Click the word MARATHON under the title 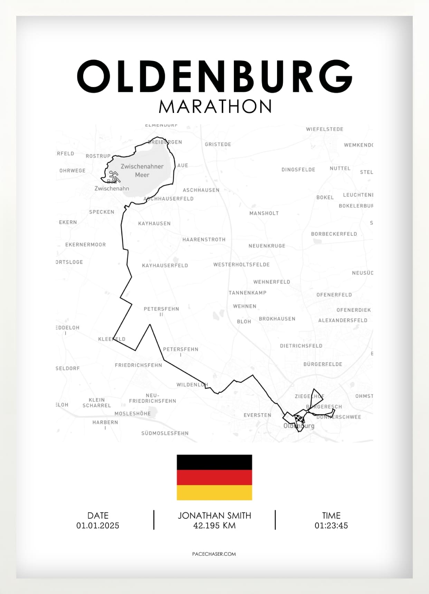click(215, 107)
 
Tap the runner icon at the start click(114, 176)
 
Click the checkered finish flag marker click(300, 419)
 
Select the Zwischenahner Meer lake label click(142, 171)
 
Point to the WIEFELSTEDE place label click(324, 129)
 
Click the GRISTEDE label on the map click(218, 144)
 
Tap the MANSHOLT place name click(264, 213)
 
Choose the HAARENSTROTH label click(204, 239)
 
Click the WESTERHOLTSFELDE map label click(241, 265)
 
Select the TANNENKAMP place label click(248, 293)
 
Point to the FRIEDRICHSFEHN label click(139, 365)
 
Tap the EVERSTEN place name click(257, 415)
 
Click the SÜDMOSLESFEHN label click(165, 433)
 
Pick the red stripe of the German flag click(214, 477)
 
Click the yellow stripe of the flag click(214, 492)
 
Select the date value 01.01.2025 click(98, 526)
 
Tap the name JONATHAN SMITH click(214, 516)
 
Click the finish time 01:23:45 click(331, 526)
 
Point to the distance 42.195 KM click(214, 526)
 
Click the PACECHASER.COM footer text click(214, 554)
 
